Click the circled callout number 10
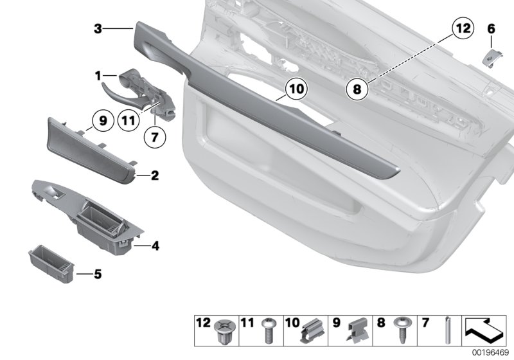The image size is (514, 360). tap(294, 89)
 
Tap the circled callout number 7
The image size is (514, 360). tap(154, 136)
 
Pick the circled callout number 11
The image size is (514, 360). tap(128, 119)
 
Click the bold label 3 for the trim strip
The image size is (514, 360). tap(97, 28)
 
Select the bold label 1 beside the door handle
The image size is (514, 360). tap(98, 76)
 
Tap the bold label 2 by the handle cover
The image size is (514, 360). tap(154, 174)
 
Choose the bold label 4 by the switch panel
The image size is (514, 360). tap(154, 245)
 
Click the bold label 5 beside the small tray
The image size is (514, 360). tap(98, 275)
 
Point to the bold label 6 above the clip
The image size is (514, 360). tap(492, 28)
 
